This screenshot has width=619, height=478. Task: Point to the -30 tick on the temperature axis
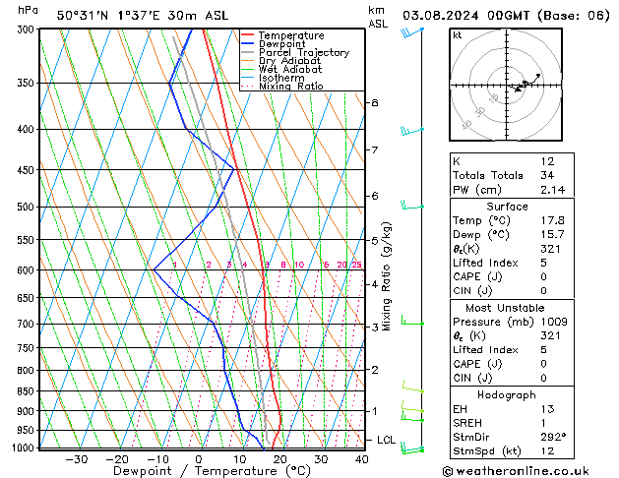tap(76, 459)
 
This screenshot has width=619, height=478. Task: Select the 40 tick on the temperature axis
tap(362, 459)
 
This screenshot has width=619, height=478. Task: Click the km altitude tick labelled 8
tap(374, 102)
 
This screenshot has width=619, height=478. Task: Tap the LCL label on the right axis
tap(386, 440)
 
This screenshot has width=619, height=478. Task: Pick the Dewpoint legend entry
tap(282, 44)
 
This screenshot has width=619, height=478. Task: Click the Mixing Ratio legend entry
tap(291, 87)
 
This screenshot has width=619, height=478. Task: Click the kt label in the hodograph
tap(458, 35)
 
